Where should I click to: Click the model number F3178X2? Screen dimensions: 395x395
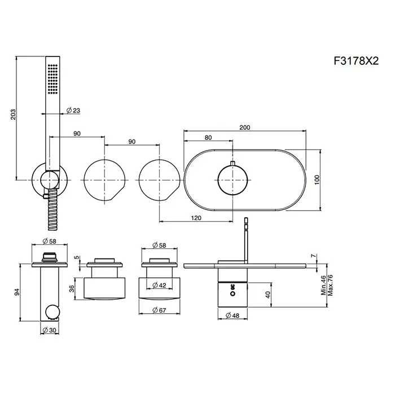coord(356,61)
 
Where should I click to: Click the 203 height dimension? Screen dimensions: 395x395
coord(13,114)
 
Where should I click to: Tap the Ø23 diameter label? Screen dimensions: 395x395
coord(73,110)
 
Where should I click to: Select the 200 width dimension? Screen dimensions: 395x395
coord(244,128)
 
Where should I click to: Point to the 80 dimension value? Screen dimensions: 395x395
coord(208,138)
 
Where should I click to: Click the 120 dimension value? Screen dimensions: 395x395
coord(196,218)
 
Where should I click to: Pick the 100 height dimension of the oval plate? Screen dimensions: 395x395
coord(317,179)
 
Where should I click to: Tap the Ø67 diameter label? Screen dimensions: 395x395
coord(159,310)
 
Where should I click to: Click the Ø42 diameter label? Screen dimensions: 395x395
coord(160,285)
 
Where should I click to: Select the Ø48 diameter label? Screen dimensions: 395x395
coord(232,315)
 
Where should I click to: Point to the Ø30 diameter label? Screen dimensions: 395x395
coord(50,330)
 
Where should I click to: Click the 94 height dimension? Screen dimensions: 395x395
coord(16,292)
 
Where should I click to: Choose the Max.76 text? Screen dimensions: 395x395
coord(330,285)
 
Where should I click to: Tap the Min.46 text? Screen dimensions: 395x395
coord(324,285)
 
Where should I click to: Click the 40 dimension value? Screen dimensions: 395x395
coord(268,295)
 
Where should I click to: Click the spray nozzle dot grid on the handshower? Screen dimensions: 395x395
coord(52,80)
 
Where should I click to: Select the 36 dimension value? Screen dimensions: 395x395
coord(72,288)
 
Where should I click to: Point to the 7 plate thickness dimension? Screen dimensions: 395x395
coord(313,256)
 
